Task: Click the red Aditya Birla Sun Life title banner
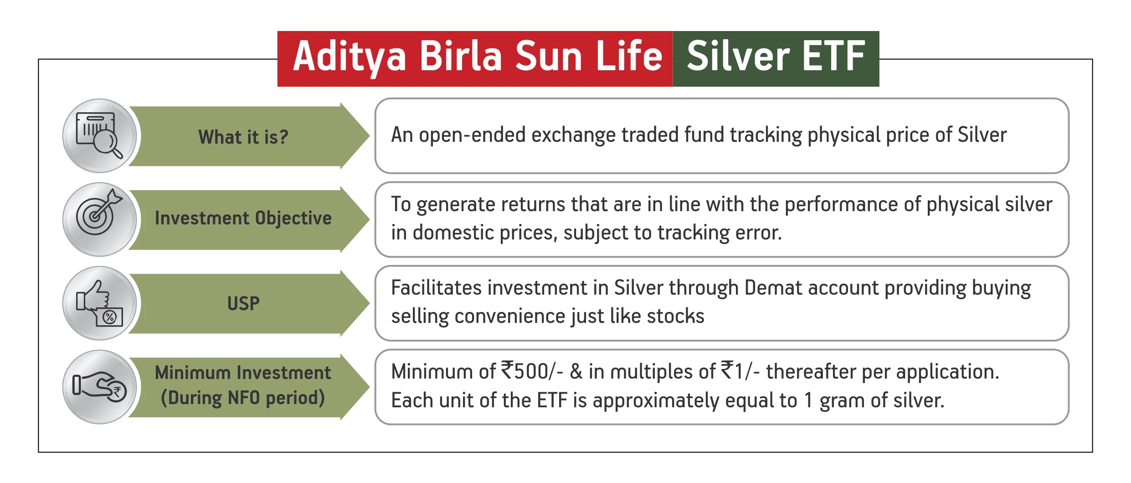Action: [475, 59]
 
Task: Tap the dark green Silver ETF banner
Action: [776, 59]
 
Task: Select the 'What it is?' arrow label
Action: [243, 137]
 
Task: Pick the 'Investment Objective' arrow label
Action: [243, 218]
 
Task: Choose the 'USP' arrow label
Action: [243, 304]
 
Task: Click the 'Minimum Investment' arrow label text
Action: [243, 373]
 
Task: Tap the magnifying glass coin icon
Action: [99, 136]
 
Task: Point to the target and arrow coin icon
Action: [99, 219]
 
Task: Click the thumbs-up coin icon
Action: [99, 303]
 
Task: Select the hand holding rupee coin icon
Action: [99, 387]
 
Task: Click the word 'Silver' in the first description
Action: [982, 135]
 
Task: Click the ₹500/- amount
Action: [532, 371]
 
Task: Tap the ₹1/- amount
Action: [740, 371]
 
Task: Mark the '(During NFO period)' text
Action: [243, 398]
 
